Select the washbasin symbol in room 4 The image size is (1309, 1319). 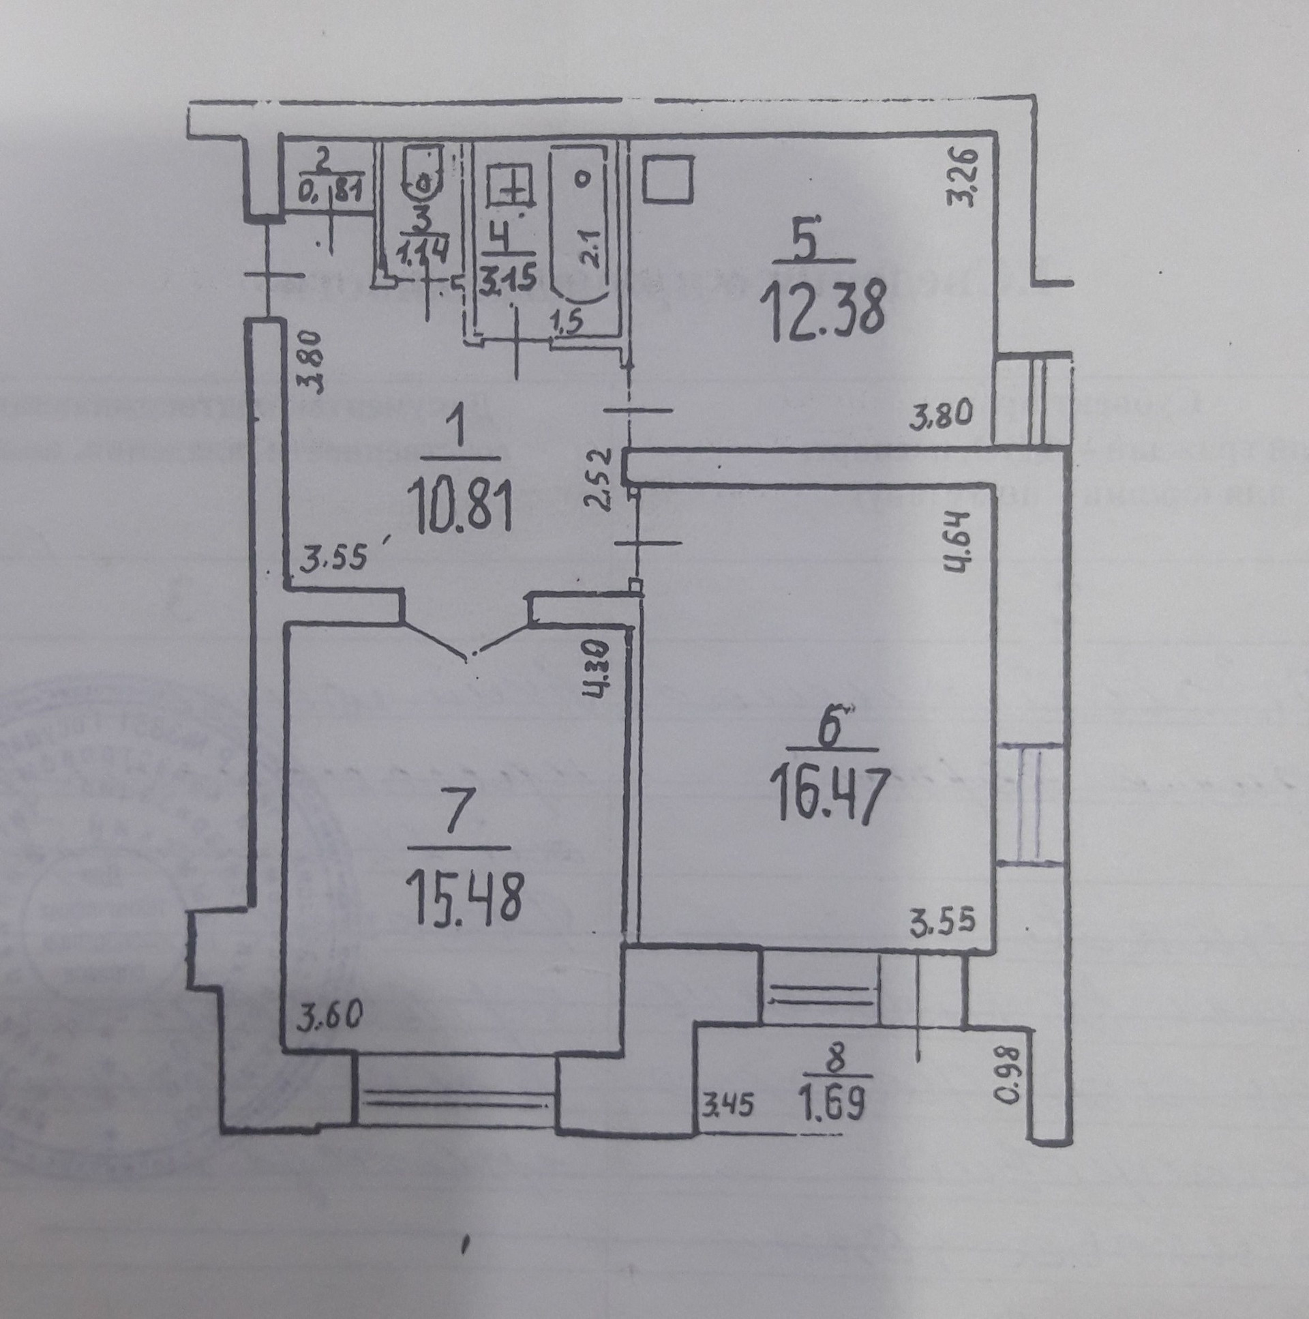point(508,184)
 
